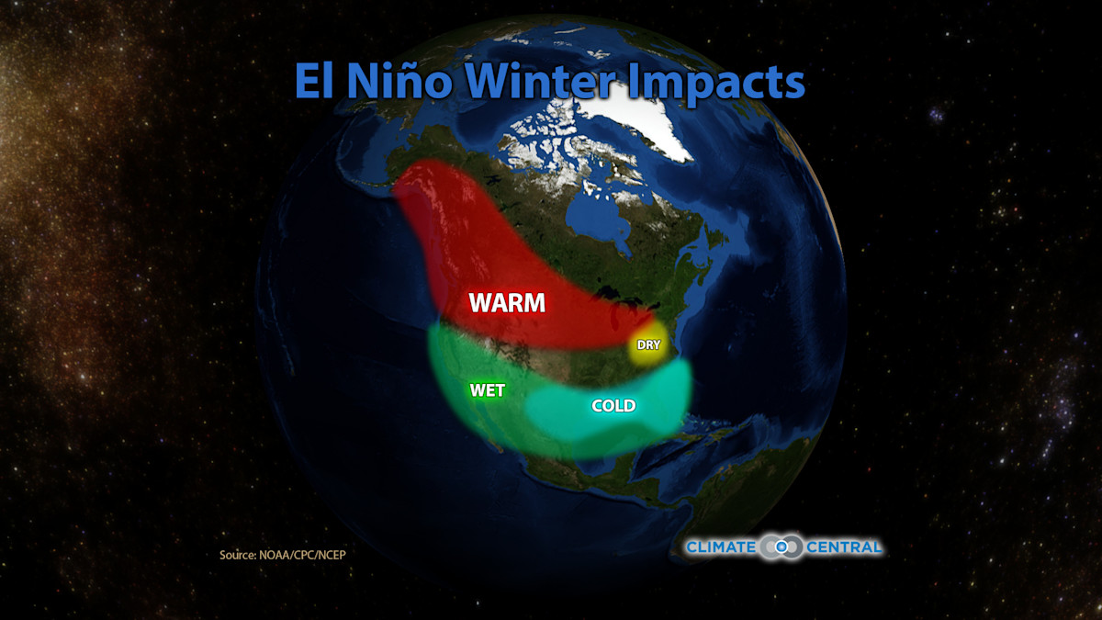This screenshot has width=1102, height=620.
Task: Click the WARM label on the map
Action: [507, 303]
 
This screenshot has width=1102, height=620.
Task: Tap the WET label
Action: [487, 390]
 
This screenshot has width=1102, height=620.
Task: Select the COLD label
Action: [613, 405]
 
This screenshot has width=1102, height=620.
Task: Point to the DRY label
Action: [649, 344]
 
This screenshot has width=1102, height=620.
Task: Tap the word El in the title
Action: [316, 83]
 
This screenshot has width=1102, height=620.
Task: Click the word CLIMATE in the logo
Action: [721, 547]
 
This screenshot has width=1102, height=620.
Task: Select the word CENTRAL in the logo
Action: [844, 547]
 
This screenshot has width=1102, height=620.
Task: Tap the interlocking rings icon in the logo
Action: [781, 547]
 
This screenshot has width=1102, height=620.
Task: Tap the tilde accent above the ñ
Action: [407, 62]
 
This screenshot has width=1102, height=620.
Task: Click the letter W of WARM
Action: [480, 303]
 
